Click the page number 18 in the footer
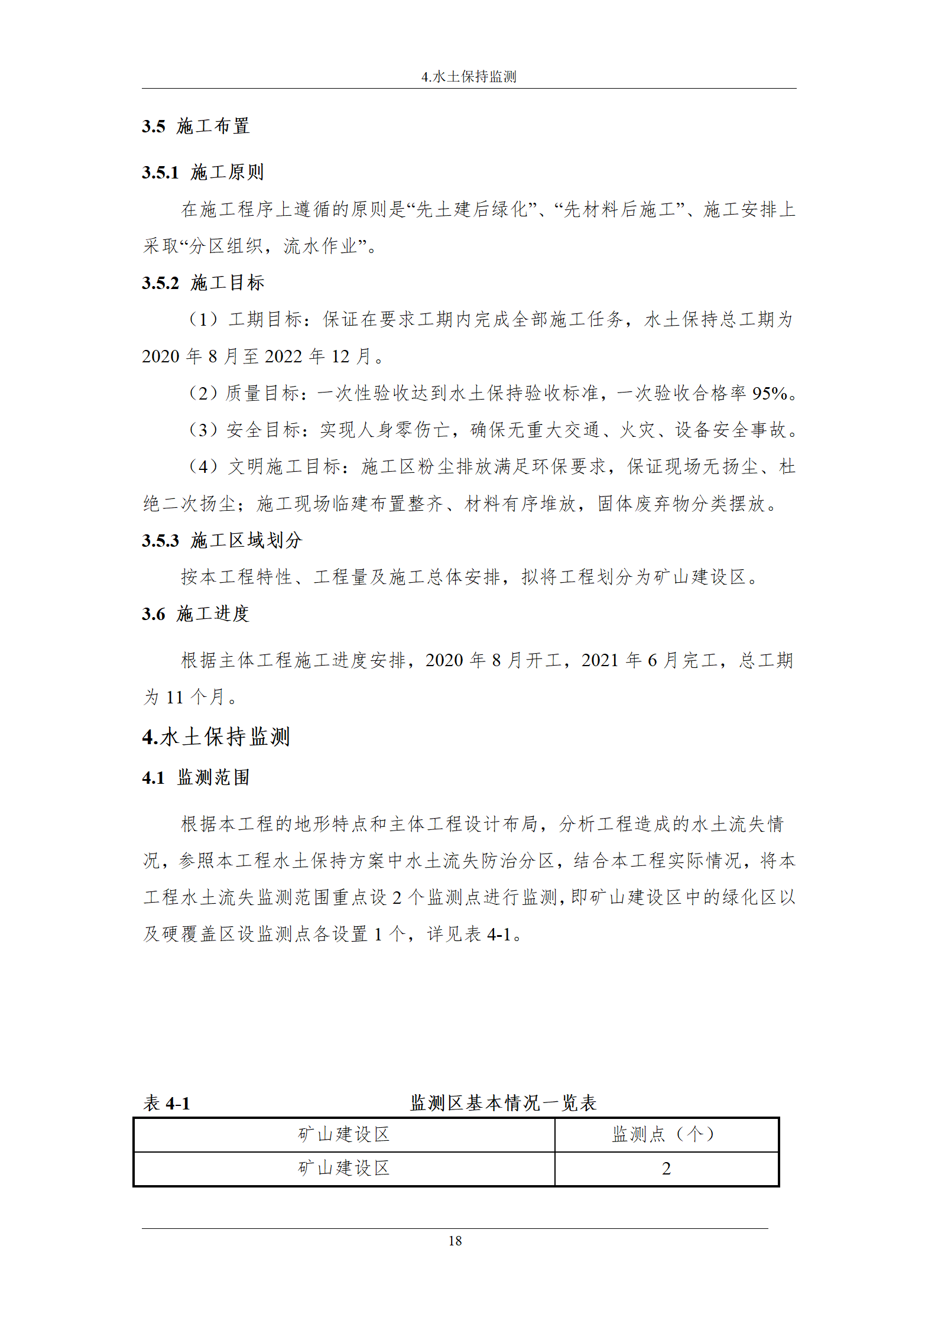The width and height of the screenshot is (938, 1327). point(455,1241)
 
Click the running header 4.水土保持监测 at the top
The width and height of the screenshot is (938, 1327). point(469,77)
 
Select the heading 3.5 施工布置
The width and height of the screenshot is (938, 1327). point(196,126)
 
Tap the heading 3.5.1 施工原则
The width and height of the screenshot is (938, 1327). point(203,172)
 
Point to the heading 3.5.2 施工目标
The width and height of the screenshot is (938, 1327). point(203,283)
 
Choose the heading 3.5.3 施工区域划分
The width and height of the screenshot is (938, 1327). point(222,540)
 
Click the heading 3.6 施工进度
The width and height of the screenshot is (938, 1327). point(196,614)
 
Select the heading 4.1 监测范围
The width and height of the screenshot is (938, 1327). point(196,777)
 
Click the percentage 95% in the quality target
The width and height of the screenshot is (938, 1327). point(770,393)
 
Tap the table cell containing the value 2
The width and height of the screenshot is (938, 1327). point(666,1169)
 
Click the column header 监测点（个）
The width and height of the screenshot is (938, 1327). point(666,1134)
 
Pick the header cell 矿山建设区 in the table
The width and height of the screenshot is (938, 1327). point(344,1134)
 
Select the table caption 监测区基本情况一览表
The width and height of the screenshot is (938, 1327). point(503,1102)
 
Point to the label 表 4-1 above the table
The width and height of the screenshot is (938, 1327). point(167,1103)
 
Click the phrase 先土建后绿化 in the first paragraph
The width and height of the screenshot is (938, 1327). point(471,209)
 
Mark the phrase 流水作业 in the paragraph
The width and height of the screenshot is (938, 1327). point(320,246)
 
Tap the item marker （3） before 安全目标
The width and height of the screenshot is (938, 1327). point(203,430)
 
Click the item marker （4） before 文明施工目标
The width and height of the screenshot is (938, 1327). point(203,466)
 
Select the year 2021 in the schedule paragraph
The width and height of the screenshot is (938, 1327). point(600,660)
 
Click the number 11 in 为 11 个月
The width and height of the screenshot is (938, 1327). point(174,697)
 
